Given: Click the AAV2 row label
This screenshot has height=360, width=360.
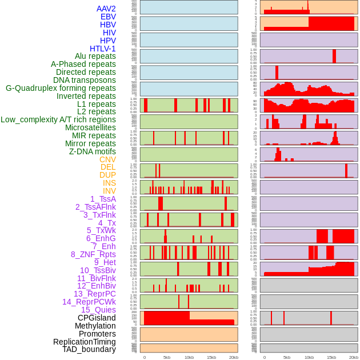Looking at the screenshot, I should (106, 9).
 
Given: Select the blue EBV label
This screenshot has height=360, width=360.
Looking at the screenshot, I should (108, 17).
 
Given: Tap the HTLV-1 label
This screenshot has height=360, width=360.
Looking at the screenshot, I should (103, 49).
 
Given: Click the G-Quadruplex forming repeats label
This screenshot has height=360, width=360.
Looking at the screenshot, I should (61, 88).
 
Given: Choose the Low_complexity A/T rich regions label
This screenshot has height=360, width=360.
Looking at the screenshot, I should (58, 119).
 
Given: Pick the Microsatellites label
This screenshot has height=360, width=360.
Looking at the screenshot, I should (90, 127).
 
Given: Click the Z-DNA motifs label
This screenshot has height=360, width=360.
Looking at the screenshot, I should (93, 151).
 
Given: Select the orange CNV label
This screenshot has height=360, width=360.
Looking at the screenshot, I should (107, 159).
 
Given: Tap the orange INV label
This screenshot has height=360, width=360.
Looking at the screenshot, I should (109, 191).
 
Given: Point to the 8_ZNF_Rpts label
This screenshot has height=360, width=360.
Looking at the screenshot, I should (93, 254).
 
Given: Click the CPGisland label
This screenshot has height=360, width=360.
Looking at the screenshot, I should (97, 318).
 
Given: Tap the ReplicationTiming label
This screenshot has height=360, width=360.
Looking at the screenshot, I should (85, 342).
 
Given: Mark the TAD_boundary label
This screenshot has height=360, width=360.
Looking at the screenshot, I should (89, 349).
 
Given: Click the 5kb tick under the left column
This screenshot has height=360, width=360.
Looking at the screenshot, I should (167, 357).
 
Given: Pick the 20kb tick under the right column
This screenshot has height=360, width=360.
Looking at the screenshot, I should (354, 357).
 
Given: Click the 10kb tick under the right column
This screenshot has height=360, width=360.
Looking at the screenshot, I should (309, 357).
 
